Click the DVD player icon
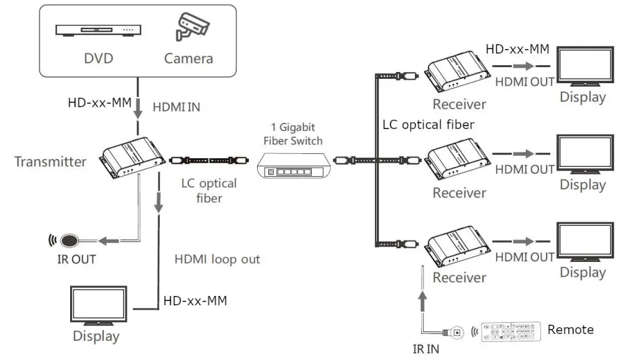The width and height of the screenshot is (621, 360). point(98,30)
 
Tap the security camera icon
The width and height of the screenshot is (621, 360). point(193,27)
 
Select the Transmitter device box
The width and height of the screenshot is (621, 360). point(133,157)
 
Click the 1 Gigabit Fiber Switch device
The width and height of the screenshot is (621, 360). point(294,165)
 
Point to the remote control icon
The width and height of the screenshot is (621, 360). point(511,331)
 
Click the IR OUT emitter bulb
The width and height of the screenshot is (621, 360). point(70,240)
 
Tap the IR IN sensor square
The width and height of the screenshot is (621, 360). point(457,332)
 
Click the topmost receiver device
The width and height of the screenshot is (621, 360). point(458,71)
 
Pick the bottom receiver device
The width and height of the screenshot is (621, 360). point(458,246)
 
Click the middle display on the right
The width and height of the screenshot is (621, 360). point(585,154)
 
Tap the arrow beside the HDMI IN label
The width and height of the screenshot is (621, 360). point(138,109)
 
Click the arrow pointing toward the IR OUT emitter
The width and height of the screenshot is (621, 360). point(109,240)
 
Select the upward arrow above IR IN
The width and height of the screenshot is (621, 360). point(422,302)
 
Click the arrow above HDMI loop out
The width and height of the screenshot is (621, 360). point(159,203)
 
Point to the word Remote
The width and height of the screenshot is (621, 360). point(570,330)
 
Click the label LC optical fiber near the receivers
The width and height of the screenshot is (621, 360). point(428,125)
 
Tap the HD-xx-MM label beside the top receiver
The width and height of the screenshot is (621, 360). point(517,49)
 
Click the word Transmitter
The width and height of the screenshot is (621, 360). point(50,161)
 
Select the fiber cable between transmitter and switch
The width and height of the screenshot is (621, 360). point(209,160)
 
